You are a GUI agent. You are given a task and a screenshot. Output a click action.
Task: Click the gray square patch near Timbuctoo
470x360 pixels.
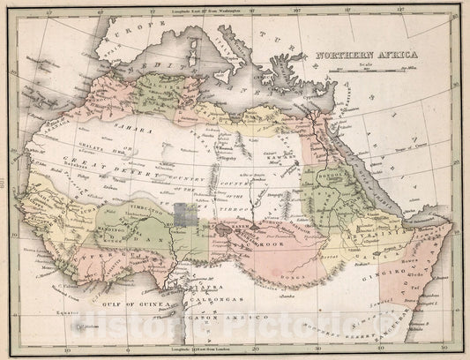coord(185,216)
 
